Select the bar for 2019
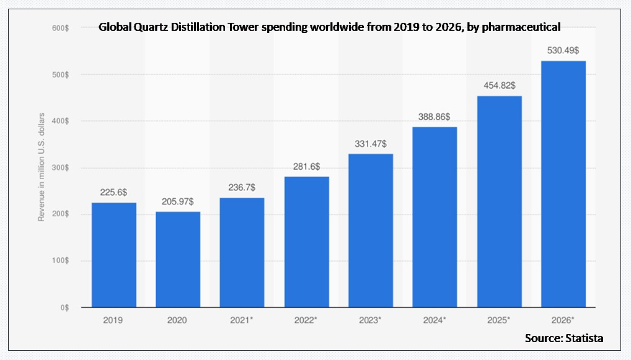tap(114, 255)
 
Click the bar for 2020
tap(178, 260)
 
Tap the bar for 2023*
tap(371, 230)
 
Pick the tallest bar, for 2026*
tap(563, 184)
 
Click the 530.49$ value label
tap(563, 50)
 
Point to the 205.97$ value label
tap(178, 201)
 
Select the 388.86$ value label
tap(435, 116)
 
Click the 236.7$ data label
tap(242, 187)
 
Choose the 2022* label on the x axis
tap(306, 320)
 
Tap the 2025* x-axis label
tap(499, 320)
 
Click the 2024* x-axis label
tap(435, 320)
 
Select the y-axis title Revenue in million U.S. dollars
tap(42, 168)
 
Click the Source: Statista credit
tap(563, 338)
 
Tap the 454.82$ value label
tap(499, 85)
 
